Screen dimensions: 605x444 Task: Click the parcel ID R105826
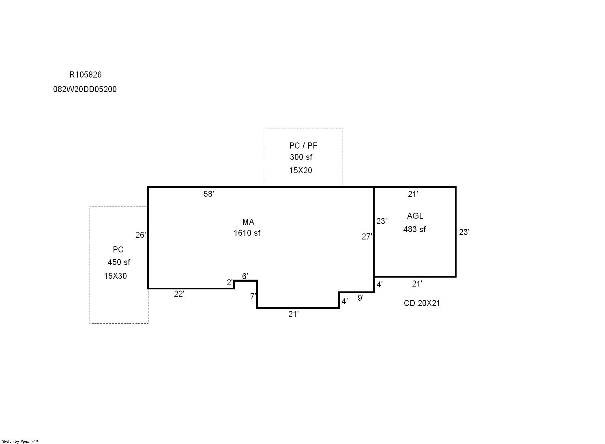point(85,75)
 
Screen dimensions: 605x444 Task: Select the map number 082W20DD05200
point(85,89)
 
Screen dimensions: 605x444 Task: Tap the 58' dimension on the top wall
point(208,194)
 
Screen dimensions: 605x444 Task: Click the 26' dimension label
point(140,235)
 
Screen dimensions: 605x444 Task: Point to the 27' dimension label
point(367,237)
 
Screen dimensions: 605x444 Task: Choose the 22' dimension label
point(179,294)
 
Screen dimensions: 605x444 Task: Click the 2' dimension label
point(230,282)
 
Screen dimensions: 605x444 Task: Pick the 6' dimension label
point(245,276)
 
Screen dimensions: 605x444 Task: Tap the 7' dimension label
point(253,296)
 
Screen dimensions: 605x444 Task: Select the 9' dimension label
point(360,298)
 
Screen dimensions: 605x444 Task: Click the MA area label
point(248,222)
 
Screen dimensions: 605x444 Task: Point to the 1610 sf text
point(247,233)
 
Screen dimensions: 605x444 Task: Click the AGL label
point(415,216)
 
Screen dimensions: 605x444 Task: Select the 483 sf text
point(414,229)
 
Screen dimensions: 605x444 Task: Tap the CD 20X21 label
point(422,303)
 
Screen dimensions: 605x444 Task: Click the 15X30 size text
point(115,276)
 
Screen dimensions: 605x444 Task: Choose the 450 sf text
point(119,262)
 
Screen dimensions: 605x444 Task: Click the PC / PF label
point(303,146)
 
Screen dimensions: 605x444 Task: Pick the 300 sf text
point(301,157)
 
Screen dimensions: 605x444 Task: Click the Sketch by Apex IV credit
point(20,441)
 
